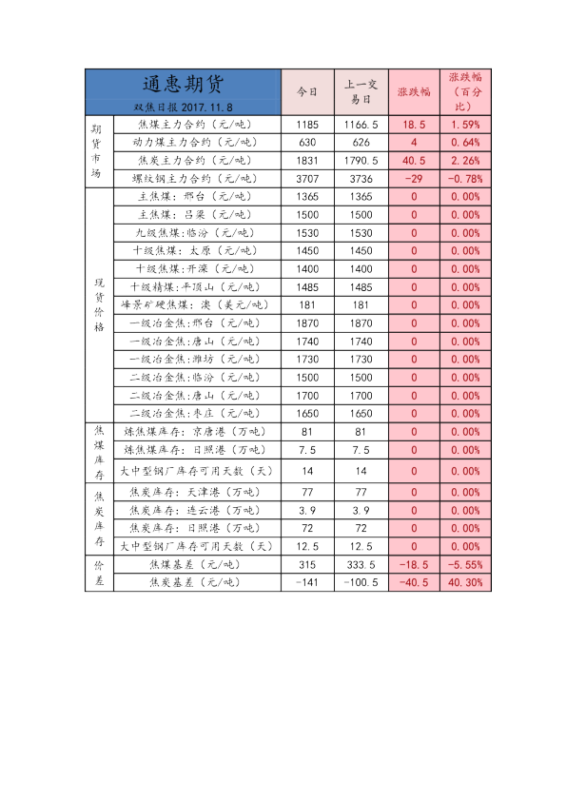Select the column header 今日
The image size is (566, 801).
click(x=306, y=92)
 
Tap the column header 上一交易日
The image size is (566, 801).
click(x=361, y=92)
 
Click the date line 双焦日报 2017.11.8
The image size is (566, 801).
click(x=184, y=107)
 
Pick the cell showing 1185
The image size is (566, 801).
click(x=306, y=125)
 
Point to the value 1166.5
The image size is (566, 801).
click(x=361, y=125)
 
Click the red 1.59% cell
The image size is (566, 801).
click(x=465, y=125)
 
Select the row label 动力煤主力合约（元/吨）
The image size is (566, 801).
click(x=197, y=143)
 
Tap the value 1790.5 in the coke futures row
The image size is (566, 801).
click(x=361, y=161)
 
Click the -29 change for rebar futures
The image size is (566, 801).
click(x=414, y=178)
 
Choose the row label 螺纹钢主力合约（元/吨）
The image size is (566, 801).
click(x=197, y=178)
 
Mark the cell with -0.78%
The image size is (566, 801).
click(x=465, y=178)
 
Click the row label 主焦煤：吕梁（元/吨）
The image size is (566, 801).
click(x=197, y=215)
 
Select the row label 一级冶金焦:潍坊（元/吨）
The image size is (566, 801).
click(x=197, y=360)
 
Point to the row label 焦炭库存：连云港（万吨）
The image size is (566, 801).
click(x=197, y=511)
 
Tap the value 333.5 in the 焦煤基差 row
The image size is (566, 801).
click(x=361, y=564)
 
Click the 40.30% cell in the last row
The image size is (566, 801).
click(x=465, y=582)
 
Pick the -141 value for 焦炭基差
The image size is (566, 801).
click(x=306, y=582)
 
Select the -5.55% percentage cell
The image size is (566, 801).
click(x=465, y=564)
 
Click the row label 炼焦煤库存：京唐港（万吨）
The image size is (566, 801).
click(x=197, y=431)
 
